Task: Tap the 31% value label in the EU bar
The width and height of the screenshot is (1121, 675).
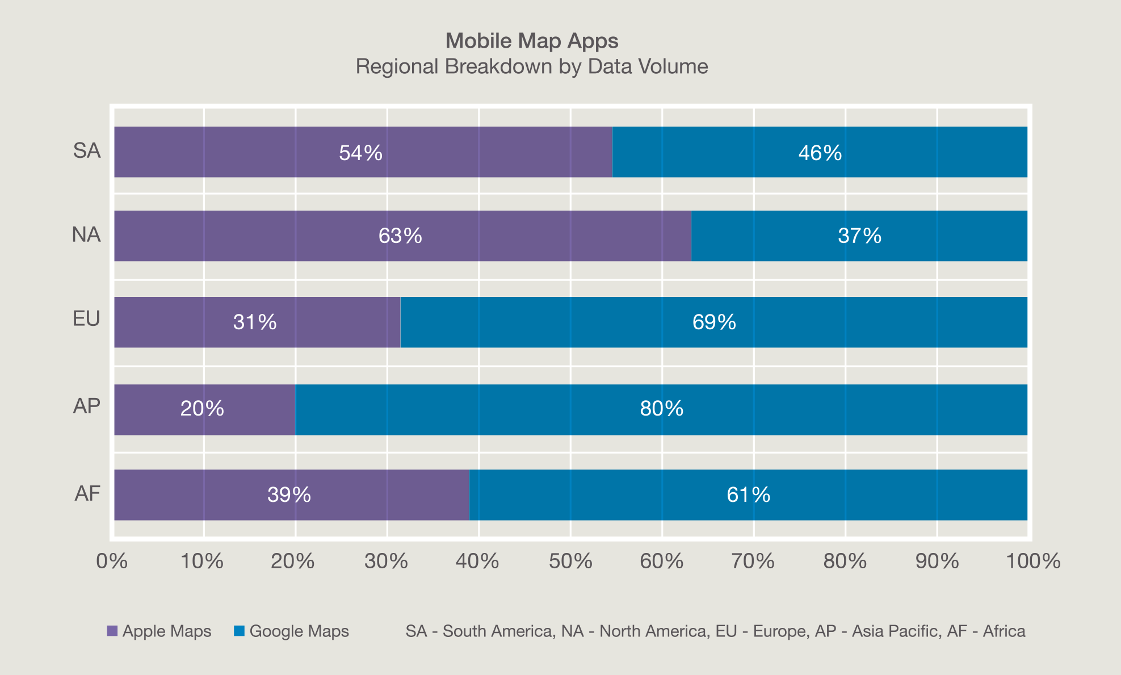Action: pyautogui.click(x=255, y=322)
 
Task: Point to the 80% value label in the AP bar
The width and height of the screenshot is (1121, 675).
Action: pyautogui.click(x=662, y=409)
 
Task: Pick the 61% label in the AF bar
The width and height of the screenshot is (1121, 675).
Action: pyautogui.click(x=749, y=495)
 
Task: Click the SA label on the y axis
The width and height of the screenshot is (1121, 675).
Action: pyautogui.click(x=87, y=151)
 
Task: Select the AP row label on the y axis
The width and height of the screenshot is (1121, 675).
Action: pyautogui.click(x=87, y=406)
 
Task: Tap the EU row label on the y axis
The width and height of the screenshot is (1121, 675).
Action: pyautogui.click(x=87, y=319)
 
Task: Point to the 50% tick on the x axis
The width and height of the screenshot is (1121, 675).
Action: pyautogui.click(x=571, y=561)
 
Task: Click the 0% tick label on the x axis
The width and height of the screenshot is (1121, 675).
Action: pyautogui.click(x=112, y=561)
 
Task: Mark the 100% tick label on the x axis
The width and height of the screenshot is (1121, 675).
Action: pyautogui.click(x=1033, y=561)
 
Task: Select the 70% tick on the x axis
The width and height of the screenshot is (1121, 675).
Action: pyautogui.click(x=754, y=561)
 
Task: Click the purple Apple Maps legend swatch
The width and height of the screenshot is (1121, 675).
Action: pyautogui.click(x=112, y=631)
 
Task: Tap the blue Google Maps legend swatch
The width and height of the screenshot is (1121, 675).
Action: pyautogui.click(x=240, y=631)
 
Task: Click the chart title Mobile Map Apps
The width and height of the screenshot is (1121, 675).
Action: pyautogui.click(x=532, y=41)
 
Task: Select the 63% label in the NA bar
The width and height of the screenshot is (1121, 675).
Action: pyautogui.click(x=400, y=236)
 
